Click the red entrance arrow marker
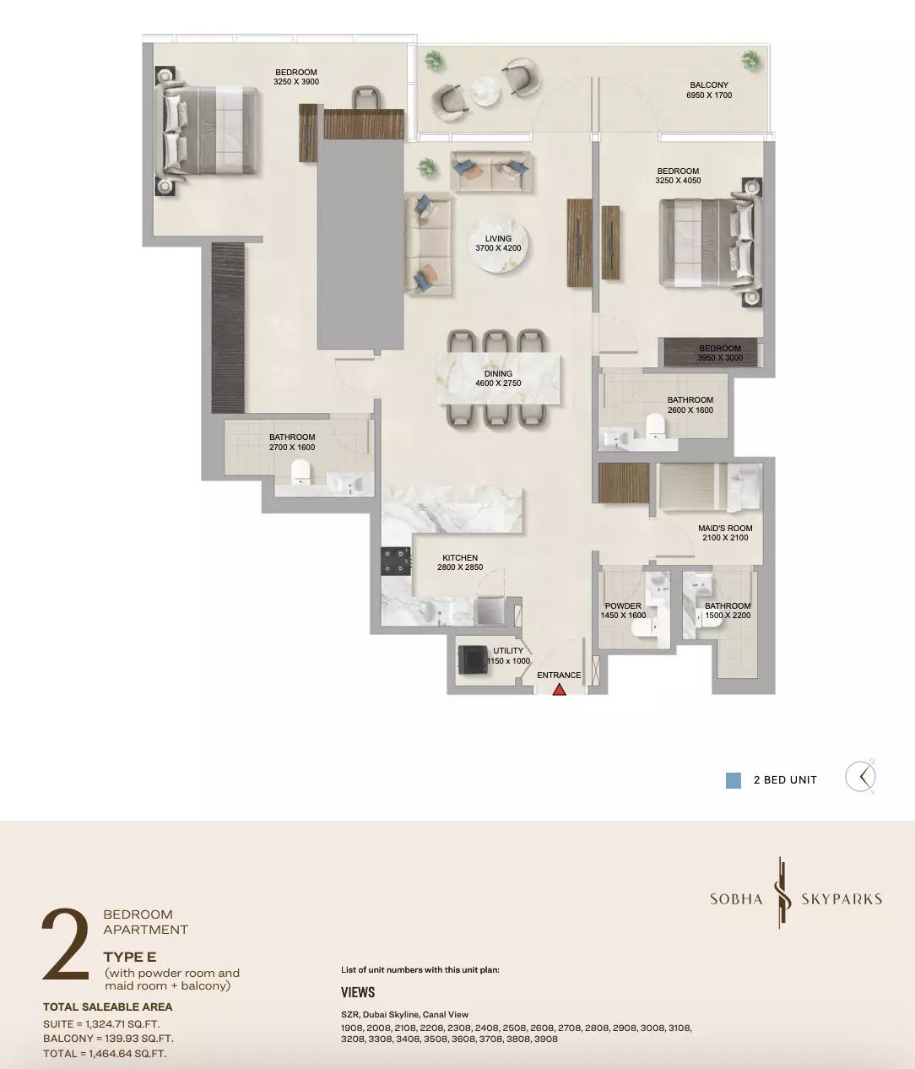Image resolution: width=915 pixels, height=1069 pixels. [559, 689]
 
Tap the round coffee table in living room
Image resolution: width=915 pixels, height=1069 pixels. [498, 243]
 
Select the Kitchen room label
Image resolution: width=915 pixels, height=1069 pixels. [460, 562]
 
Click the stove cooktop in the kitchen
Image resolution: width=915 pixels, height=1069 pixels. [396, 562]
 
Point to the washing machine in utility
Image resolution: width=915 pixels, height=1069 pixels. [473, 659]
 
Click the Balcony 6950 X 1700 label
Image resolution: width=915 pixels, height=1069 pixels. [709, 90]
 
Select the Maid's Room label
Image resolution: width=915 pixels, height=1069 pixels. [725, 533]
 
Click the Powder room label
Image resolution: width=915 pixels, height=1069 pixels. [623, 610]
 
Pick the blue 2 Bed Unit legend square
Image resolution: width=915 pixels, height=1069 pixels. [733, 780]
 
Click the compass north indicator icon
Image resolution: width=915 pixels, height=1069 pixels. [861, 776]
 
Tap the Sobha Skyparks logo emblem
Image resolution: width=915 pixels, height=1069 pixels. [782, 898]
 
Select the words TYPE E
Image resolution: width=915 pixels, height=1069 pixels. [130, 957]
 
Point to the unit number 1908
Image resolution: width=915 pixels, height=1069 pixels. [351, 1028]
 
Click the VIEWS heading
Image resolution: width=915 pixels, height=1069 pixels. [358, 992]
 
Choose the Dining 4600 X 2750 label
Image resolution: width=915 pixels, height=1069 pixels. [498, 378]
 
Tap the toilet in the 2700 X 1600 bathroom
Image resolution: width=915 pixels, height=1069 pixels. [300, 472]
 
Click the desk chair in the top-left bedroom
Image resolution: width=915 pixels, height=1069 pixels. [366, 98]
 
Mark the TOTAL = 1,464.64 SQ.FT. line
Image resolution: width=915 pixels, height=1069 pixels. [105, 1053]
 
